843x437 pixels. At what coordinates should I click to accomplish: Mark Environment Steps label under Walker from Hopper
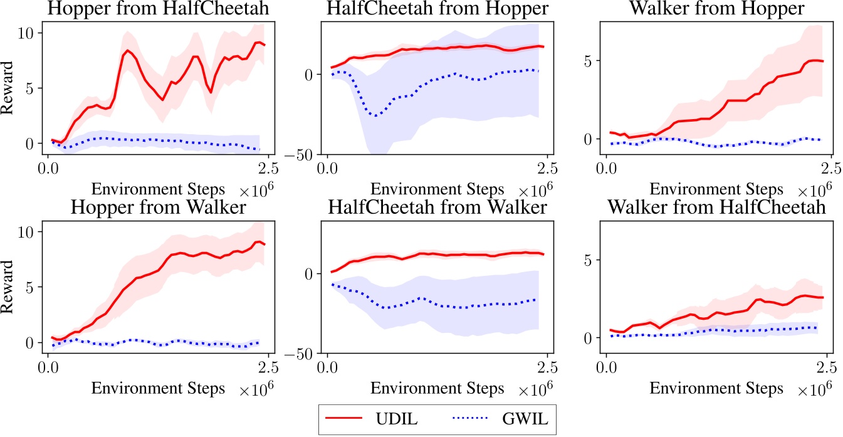(x=716, y=189)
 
